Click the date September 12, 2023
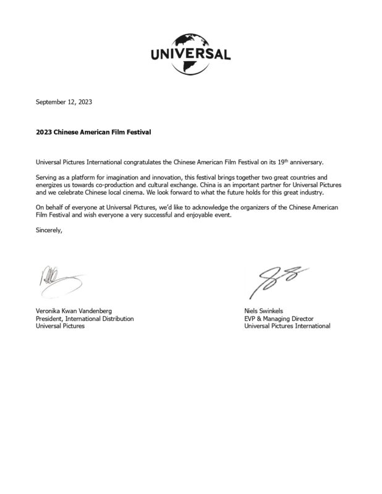point(64,102)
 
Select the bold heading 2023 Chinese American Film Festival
point(93,132)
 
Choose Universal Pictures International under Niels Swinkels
point(287,326)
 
